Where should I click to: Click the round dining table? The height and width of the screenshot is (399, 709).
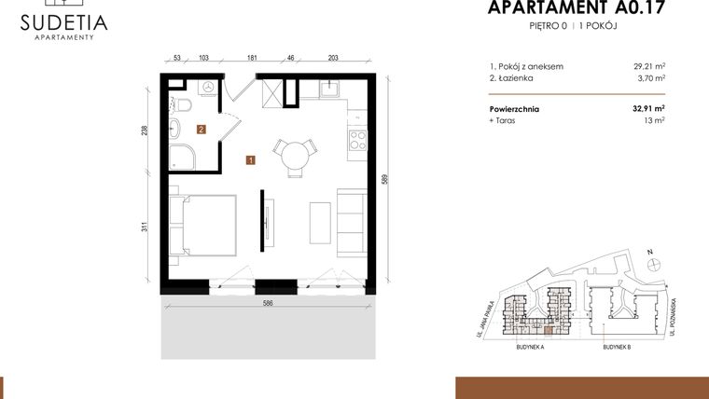[295, 152]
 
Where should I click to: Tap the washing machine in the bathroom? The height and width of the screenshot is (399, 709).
[207, 88]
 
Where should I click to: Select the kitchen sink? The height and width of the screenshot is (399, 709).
[331, 90]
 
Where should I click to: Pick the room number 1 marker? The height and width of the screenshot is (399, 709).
[250, 160]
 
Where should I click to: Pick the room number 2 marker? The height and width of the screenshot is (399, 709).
[201, 131]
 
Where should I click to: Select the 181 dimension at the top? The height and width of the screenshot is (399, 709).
[252, 57]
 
